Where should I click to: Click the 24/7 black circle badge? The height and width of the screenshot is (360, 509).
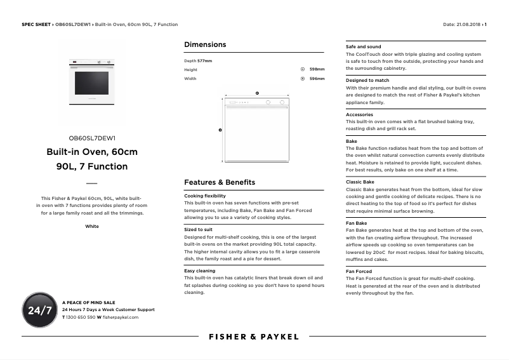point(40,310)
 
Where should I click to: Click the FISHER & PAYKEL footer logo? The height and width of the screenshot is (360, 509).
point(254,337)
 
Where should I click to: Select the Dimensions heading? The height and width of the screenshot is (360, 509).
point(205,44)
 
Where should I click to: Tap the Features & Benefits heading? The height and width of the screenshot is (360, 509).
point(220,182)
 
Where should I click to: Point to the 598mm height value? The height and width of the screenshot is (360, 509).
point(317,69)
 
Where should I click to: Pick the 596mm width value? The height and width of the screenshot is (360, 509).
point(317,79)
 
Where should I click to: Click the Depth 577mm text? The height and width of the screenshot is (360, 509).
point(198,60)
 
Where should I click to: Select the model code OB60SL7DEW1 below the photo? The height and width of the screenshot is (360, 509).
point(92,138)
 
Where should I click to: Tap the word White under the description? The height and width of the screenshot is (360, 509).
point(92,226)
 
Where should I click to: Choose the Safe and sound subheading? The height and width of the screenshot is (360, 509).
point(364,46)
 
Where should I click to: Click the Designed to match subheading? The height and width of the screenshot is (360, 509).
point(367,81)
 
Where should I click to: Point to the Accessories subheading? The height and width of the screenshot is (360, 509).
point(359,115)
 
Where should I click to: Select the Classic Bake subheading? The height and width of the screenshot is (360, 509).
point(360,182)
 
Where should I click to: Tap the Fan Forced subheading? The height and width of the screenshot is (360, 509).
point(359,271)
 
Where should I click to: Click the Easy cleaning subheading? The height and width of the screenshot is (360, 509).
point(199,270)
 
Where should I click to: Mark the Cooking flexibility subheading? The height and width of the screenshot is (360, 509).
point(205,196)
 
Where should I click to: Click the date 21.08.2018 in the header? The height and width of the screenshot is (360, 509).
point(468,24)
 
